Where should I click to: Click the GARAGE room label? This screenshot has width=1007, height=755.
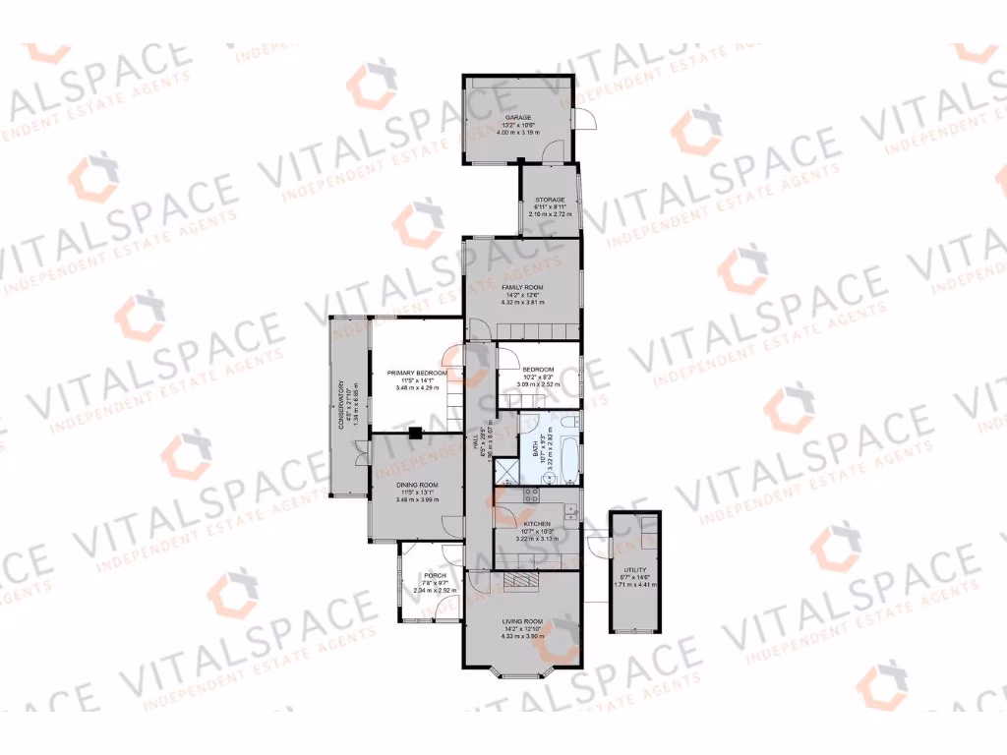point(517,117)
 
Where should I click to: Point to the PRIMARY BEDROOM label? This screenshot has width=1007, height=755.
point(417,374)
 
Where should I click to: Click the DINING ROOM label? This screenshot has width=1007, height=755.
point(417,486)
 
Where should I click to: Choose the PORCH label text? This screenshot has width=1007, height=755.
point(435,575)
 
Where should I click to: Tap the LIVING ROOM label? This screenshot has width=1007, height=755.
point(522,621)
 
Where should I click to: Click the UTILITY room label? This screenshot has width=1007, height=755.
point(633,569)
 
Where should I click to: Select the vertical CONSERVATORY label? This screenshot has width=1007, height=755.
point(342,405)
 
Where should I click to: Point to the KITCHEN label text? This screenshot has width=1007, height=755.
point(537,524)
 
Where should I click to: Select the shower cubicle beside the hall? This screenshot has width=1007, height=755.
point(504,470)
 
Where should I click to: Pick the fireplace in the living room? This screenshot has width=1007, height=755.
point(521,581)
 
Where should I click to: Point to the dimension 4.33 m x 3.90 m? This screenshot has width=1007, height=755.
point(522,636)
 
